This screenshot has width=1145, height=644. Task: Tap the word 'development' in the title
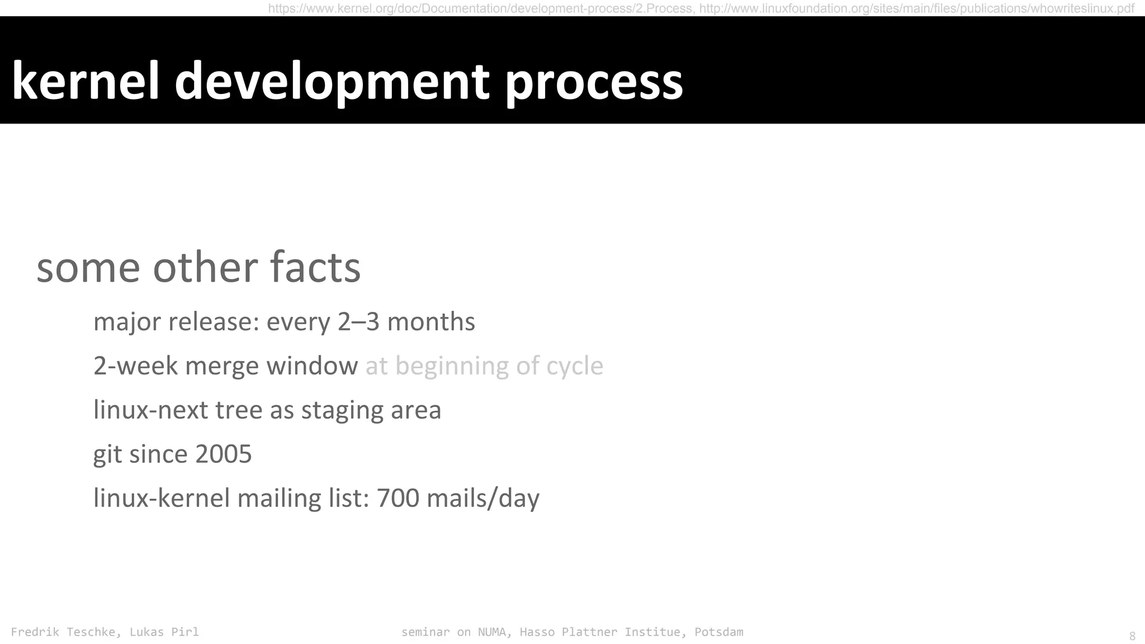pos(332,82)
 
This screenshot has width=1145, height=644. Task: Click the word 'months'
pos(431,322)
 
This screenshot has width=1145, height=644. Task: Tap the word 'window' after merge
pos(312,366)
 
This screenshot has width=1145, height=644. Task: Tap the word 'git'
pos(107,454)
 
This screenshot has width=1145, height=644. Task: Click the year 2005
pos(223,454)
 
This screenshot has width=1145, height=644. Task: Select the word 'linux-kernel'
pos(162,498)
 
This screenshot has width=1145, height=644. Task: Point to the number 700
pos(398,498)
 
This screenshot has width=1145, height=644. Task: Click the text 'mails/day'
pos(483,499)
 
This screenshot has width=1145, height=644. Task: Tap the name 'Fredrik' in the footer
pos(35,632)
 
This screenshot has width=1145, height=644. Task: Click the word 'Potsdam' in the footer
pos(718,632)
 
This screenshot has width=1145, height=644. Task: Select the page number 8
pos(1132,636)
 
